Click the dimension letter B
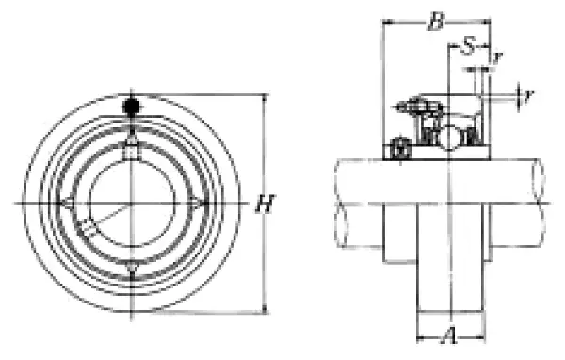pos(436,23)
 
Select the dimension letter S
pos(468,46)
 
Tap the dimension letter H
pos(265,204)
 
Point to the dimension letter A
pos(450,335)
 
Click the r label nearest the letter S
pos(497,57)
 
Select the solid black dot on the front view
pos(132,106)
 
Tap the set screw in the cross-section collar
pos(400,149)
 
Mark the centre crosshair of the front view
pos(131,203)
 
